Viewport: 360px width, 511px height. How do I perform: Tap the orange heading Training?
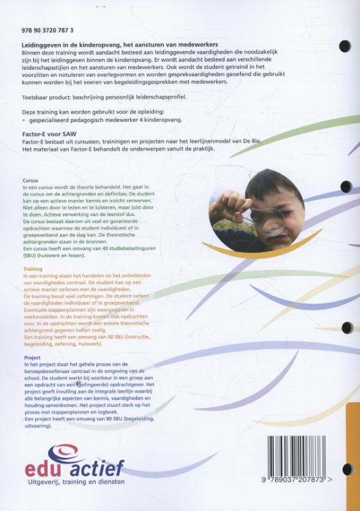pos(32,270)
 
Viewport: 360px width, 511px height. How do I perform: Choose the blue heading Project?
pos(31,358)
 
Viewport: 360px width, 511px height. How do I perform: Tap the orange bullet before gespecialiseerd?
pos(24,119)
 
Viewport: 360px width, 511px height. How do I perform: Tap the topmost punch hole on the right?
pos(345,47)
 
